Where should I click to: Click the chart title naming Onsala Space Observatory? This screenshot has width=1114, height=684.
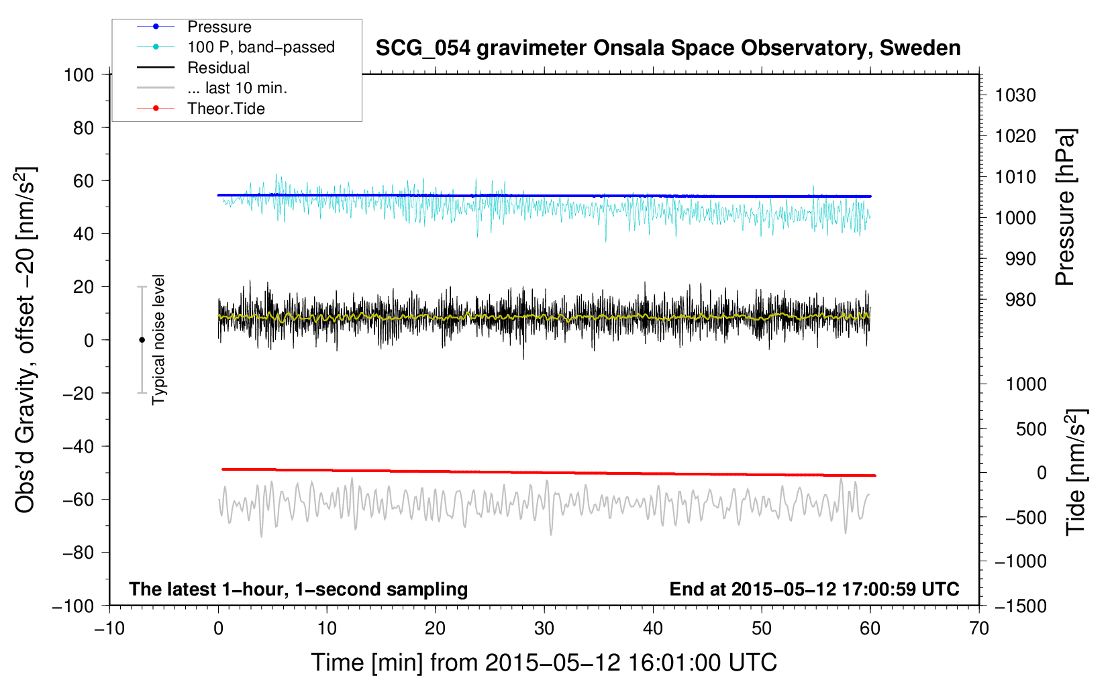click(668, 48)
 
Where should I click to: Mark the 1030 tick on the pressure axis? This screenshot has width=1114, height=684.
click(1015, 95)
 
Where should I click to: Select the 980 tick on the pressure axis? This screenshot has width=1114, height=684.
click(1015, 300)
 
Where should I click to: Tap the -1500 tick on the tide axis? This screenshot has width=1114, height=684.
click(1020, 606)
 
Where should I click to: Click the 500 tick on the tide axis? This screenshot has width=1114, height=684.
click(1031, 429)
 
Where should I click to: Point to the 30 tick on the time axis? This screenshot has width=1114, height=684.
click(544, 628)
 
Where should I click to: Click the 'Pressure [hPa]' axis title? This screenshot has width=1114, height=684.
click(1065, 207)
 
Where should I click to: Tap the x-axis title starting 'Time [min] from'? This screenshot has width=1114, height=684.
click(544, 663)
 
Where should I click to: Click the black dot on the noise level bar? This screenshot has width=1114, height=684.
click(142, 340)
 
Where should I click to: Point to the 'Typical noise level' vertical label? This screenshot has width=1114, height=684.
click(158, 339)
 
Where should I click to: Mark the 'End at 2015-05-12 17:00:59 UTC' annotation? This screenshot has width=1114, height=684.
click(814, 589)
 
